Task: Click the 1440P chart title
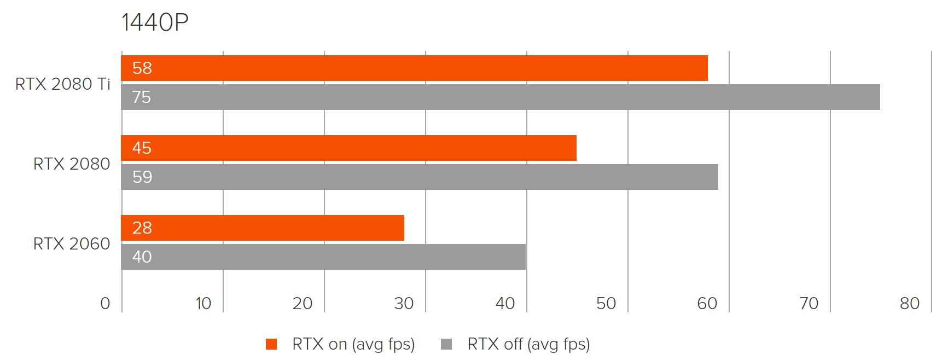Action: point(155,23)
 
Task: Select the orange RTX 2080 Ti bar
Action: point(414,68)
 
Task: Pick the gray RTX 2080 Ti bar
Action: point(501,97)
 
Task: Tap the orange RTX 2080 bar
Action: point(348,148)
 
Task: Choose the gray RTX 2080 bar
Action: point(420,177)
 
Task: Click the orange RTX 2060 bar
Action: point(263,228)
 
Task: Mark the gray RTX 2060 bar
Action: point(323,257)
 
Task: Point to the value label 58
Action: point(142,68)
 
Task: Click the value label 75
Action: point(142,97)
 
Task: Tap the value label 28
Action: point(142,228)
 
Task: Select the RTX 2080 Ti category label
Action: point(63,84)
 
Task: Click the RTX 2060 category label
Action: point(72,244)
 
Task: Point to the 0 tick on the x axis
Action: point(105,304)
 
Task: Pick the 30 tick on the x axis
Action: point(404,304)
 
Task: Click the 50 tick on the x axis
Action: point(606,304)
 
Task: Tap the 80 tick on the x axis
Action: point(910,304)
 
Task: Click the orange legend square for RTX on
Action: point(271,344)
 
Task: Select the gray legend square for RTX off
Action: point(446,344)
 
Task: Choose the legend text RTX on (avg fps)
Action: point(353,344)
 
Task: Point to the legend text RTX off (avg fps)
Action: point(528,344)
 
